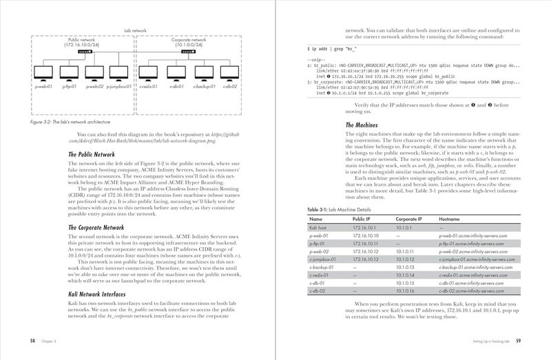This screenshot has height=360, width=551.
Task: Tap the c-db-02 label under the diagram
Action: (229, 87)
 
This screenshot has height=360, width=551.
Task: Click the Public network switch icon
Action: (85, 50)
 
